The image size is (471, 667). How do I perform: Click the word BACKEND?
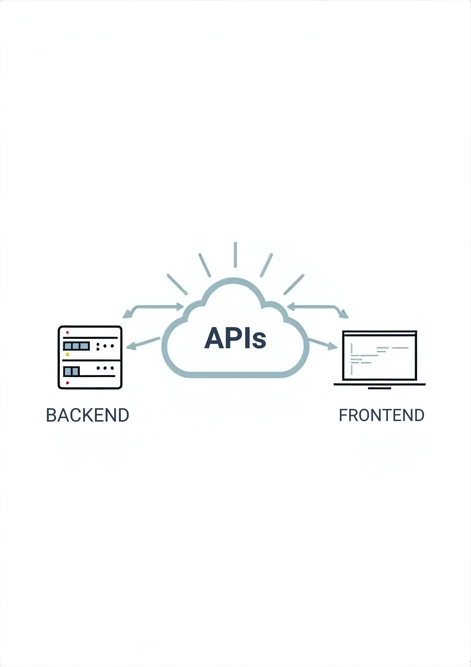click(x=87, y=415)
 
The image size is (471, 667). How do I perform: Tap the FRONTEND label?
click(x=382, y=415)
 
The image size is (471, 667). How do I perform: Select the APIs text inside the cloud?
click(x=235, y=338)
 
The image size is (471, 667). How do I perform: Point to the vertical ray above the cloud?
click(x=235, y=255)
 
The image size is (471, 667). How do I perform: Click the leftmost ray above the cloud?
click(x=177, y=284)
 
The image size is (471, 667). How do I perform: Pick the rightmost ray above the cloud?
click(x=294, y=284)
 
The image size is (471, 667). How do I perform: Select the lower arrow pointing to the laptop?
click(x=323, y=343)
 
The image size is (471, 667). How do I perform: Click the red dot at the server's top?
click(x=67, y=332)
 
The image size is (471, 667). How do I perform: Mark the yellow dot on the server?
click(x=67, y=355)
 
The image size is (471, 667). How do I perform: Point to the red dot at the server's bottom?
click(x=67, y=383)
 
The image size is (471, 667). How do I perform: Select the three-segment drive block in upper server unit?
click(x=76, y=346)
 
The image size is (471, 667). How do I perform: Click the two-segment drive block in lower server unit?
click(x=71, y=371)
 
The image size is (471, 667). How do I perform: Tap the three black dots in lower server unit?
click(x=105, y=368)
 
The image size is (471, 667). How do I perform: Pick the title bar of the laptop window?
click(x=379, y=334)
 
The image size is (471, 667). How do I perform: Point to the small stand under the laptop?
click(x=379, y=388)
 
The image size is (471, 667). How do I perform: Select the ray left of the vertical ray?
click(x=205, y=265)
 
